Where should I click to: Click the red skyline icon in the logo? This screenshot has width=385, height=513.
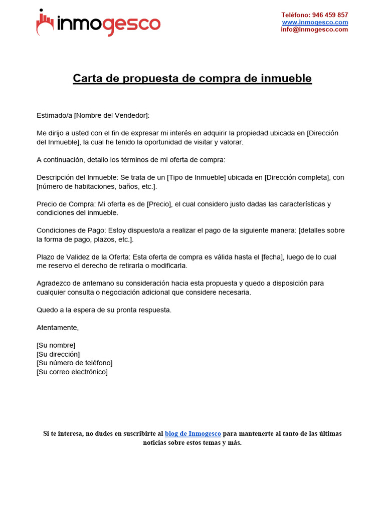[45, 23]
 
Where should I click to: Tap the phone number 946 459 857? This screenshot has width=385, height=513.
[330, 15]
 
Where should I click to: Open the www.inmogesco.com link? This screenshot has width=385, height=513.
[315, 22]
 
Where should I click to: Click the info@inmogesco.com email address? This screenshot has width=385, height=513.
[314, 29]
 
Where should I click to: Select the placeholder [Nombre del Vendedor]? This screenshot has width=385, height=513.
[111, 115]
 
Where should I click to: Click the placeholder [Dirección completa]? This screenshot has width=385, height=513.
[298, 177]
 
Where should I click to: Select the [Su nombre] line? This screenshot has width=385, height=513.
[56, 345]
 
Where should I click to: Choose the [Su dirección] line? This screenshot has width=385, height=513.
[58, 354]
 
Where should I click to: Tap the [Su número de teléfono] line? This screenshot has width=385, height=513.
[75, 363]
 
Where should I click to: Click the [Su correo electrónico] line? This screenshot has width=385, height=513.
[72, 372]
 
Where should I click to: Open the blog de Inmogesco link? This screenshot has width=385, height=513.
[193, 433]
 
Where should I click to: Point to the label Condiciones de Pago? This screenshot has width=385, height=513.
[70, 230]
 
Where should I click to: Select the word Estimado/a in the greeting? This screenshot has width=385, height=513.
[55, 115]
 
